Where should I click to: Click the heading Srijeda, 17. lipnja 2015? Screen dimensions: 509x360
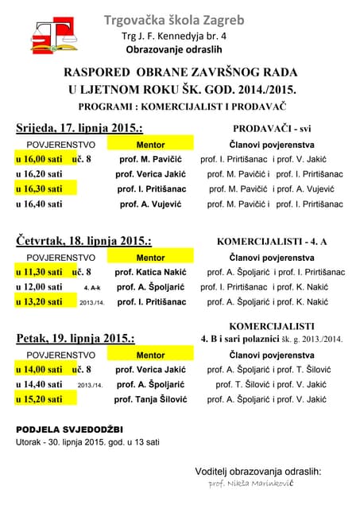coord(79,128)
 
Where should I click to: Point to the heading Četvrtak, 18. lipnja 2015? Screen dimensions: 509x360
coord(83,240)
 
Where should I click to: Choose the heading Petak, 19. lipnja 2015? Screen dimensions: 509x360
coord(75,339)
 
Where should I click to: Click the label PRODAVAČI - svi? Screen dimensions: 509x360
coord(272,128)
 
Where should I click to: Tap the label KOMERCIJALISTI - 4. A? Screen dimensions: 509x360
coord(272,240)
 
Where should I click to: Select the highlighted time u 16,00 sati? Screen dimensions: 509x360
coord(39,159)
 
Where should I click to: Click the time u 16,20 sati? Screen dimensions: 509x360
coord(39,174)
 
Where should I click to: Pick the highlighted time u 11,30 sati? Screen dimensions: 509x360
coord(39,272)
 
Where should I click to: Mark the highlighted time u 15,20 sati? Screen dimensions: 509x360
coord(39,400)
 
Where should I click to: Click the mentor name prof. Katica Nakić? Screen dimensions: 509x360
coord(150,272)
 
